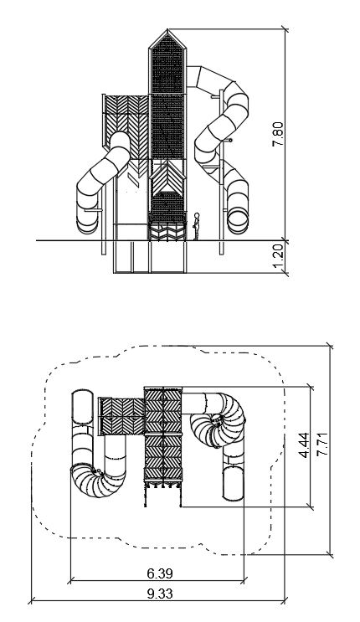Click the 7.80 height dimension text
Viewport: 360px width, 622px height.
[278, 134]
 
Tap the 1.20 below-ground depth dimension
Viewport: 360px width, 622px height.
[278, 256]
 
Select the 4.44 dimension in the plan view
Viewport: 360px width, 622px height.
[305, 445]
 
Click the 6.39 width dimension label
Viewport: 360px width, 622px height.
[160, 573]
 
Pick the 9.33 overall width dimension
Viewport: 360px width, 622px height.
[160, 594]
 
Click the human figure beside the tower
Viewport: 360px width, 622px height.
[196, 226]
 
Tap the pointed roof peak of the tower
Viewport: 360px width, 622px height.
[167, 30]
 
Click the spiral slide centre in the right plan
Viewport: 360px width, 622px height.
[217, 420]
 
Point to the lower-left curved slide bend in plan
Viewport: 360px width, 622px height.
[97, 479]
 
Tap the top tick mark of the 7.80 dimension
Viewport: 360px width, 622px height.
[285, 29]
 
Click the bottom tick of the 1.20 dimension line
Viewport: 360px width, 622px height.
[285, 273]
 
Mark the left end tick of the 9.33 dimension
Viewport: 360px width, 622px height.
[31, 601]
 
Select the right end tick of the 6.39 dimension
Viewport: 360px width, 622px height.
[244, 581]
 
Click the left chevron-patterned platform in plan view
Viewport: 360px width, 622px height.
[121, 416]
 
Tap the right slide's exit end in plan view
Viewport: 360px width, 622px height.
[233, 484]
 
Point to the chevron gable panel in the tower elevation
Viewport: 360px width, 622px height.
[167, 177]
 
